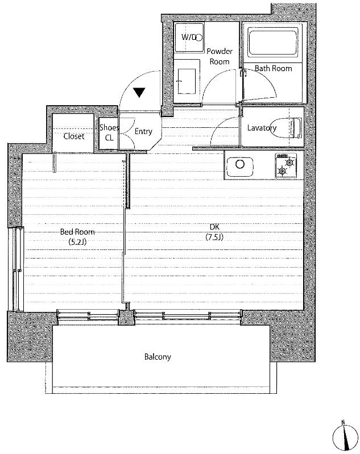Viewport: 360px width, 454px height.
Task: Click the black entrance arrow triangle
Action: (x=139, y=93)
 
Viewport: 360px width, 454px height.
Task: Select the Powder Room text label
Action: (x=220, y=56)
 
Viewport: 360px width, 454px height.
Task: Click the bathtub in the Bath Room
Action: (x=272, y=43)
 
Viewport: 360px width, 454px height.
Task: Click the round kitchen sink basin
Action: (x=240, y=164)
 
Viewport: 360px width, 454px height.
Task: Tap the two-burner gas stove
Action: (x=286, y=165)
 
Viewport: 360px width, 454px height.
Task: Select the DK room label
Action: (x=214, y=227)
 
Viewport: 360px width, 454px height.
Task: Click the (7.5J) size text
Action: (x=214, y=237)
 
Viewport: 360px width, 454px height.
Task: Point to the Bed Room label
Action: (x=77, y=232)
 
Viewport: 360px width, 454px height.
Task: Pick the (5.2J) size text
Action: (x=77, y=241)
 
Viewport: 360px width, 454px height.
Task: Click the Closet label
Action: (x=74, y=136)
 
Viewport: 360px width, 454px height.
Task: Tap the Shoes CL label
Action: (x=109, y=132)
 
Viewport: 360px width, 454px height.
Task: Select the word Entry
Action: (x=143, y=132)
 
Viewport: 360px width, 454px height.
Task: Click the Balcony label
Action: (x=158, y=357)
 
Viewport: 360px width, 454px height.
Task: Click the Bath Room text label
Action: (x=274, y=68)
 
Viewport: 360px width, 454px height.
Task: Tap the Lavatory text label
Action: (x=262, y=128)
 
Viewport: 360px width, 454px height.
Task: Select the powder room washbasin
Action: (x=187, y=81)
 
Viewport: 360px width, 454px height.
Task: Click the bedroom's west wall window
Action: (x=16, y=269)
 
